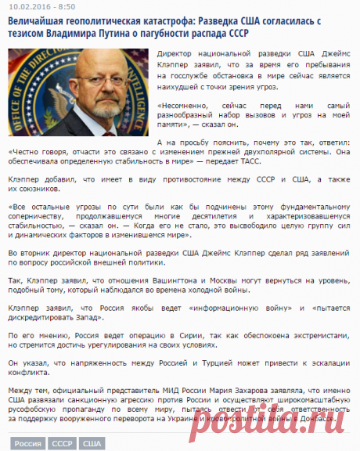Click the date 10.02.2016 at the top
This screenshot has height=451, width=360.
point(27,6)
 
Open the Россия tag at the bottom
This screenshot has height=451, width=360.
point(28,444)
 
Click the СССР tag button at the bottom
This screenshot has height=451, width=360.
point(62,444)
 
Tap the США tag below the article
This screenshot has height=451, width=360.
point(92,444)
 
